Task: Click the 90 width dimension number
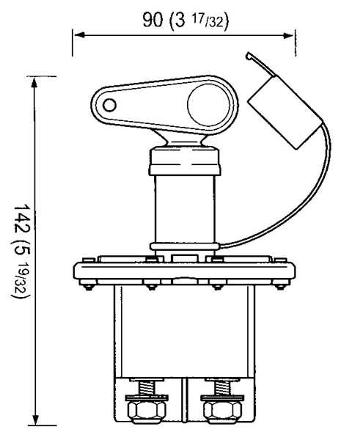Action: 153,20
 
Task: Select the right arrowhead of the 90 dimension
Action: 288,35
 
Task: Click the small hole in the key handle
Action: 109,105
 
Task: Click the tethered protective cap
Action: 284,111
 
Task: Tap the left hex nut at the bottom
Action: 147,411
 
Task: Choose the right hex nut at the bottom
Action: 222,411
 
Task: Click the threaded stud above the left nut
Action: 147,388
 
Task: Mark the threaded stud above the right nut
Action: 222,388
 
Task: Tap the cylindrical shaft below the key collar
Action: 185,209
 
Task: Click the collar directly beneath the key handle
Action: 185,161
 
